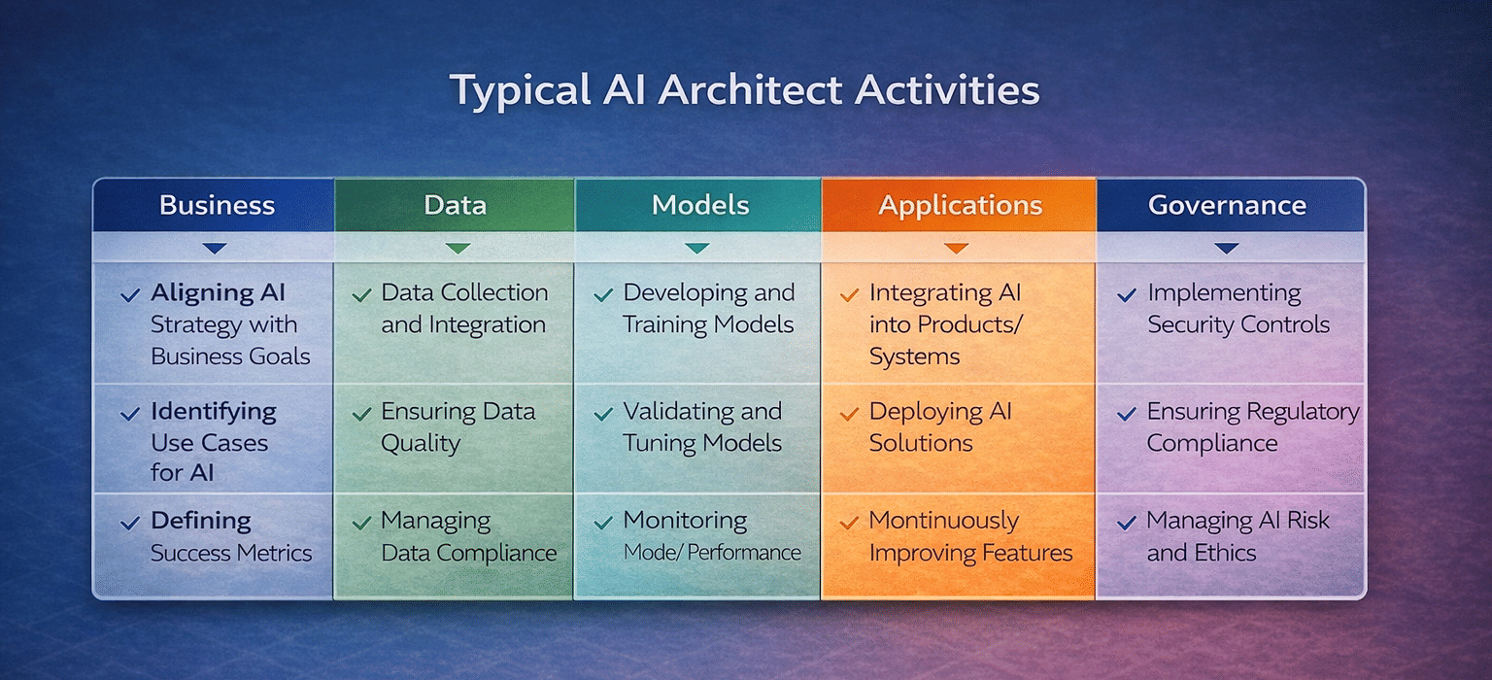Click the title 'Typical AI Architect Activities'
click(x=744, y=90)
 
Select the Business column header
click(x=217, y=205)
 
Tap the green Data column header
click(x=455, y=205)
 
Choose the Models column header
click(x=699, y=205)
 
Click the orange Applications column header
click(x=960, y=205)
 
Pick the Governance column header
click(x=1227, y=205)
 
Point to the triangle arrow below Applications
click(x=957, y=249)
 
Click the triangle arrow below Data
click(x=457, y=249)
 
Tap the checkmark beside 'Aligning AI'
click(x=129, y=294)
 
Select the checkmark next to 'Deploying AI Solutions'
click(x=849, y=413)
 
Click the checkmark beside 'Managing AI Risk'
click(x=1127, y=523)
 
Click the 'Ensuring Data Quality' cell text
click(x=458, y=426)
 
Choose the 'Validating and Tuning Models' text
click(x=702, y=426)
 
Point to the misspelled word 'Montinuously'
click(x=943, y=521)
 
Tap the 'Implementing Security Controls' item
click(x=1238, y=309)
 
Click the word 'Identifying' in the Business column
click(x=213, y=412)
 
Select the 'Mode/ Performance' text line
click(x=711, y=553)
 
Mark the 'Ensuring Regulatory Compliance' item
click(x=1252, y=426)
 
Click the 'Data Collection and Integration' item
click(x=463, y=309)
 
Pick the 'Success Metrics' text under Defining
click(x=231, y=553)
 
